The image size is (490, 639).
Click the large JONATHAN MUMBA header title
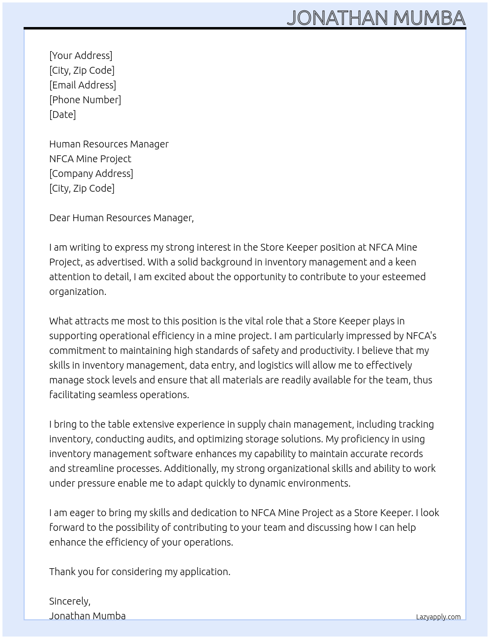[x=376, y=18]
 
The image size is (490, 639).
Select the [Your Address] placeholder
[x=81, y=56]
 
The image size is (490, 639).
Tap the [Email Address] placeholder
[x=83, y=85]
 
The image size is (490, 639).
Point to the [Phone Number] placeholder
[x=85, y=100]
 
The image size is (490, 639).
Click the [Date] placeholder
[x=62, y=115]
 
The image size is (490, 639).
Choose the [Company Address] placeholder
[x=91, y=174]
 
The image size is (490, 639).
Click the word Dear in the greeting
[x=60, y=218]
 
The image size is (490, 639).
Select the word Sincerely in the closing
[x=69, y=601]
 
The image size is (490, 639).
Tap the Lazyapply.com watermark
[x=438, y=617]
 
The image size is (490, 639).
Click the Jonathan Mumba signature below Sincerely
[x=88, y=616]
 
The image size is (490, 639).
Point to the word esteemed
[x=403, y=277]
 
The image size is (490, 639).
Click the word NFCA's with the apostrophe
[x=421, y=336]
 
